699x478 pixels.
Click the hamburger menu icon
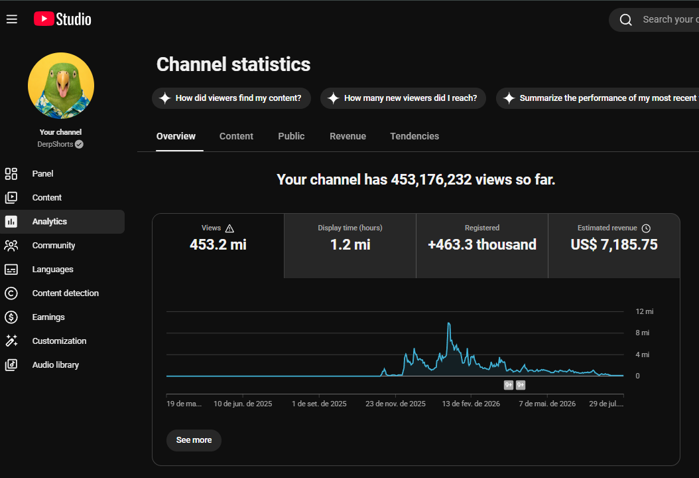[11, 19]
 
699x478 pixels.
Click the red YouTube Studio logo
[44, 19]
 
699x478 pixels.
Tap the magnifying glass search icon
[626, 20]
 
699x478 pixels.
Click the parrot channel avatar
[61, 86]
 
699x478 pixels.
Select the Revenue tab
[348, 136]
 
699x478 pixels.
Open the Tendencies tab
[414, 136]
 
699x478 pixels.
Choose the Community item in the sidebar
[54, 246]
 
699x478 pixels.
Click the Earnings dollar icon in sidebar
[11, 317]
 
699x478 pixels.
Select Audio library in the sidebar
[55, 365]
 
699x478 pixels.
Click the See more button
[194, 440]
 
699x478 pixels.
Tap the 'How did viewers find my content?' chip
[231, 98]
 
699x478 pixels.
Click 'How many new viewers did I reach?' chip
[403, 98]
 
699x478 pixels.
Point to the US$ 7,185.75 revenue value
[614, 244]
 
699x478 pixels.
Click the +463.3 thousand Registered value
[482, 244]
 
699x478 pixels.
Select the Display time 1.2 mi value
[350, 244]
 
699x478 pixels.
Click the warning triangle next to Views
[229, 228]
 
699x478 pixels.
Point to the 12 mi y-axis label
[644, 311]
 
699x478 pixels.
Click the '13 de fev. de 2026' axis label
[471, 404]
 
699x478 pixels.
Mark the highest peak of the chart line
[449, 323]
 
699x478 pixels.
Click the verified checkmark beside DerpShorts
[80, 144]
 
